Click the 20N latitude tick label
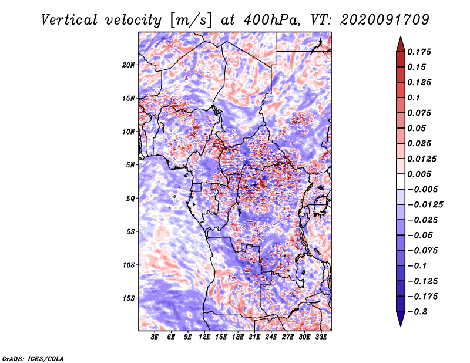[x=129, y=65]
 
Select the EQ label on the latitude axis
[x=130, y=199]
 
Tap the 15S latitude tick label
[x=129, y=298]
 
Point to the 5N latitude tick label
[x=130, y=165]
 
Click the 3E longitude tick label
[x=155, y=337]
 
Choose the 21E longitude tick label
[x=254, y=337]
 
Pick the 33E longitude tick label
[x=321, y=337]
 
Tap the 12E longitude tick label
[x=204, y=337]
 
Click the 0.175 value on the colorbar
[x=419, y=52]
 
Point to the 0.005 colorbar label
[x=419, y=174]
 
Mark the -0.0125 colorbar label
[x=425, y=205]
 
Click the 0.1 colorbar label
[x=414, y=98]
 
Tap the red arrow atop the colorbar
[x=401, y=44]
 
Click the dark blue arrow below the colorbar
[x=401, y=319]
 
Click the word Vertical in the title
[x=69, y=20]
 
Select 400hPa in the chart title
[x=272, y=20]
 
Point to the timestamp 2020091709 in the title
[x=385, y=20]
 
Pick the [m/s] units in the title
[x=191, y=21]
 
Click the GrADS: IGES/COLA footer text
[x=33, y=358]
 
